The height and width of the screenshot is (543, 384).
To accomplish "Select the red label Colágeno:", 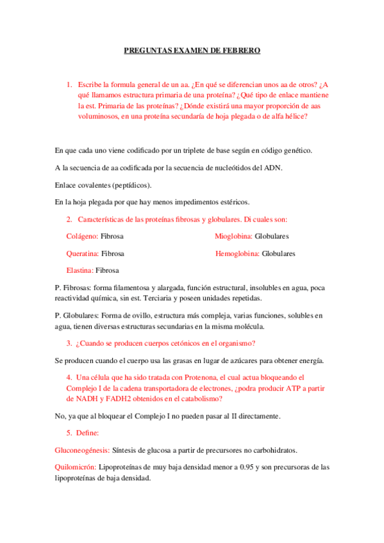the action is point(82,236).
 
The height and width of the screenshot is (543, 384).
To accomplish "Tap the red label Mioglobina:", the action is point(233,236).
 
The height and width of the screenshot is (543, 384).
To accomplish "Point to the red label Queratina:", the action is point(83,254).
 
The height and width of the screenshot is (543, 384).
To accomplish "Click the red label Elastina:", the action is point(80,270).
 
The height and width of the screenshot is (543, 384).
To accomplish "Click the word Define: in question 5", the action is point(89,433).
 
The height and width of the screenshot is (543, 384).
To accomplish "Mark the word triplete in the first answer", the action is point(184,151).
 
